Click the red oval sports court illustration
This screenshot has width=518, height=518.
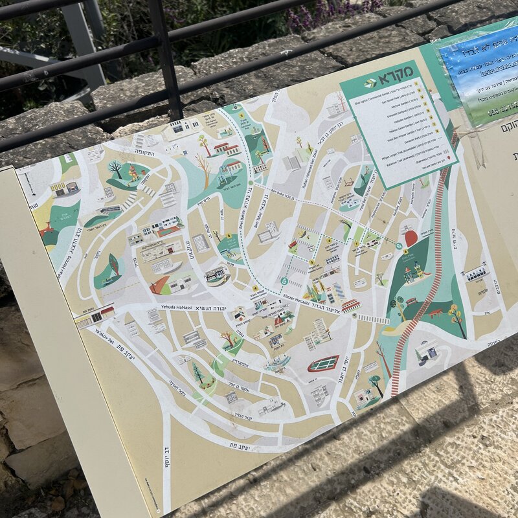(x=323, y=363)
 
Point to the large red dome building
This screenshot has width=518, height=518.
(x=411, y=238)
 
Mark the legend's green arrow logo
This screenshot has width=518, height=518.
(x=370, y=82)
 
